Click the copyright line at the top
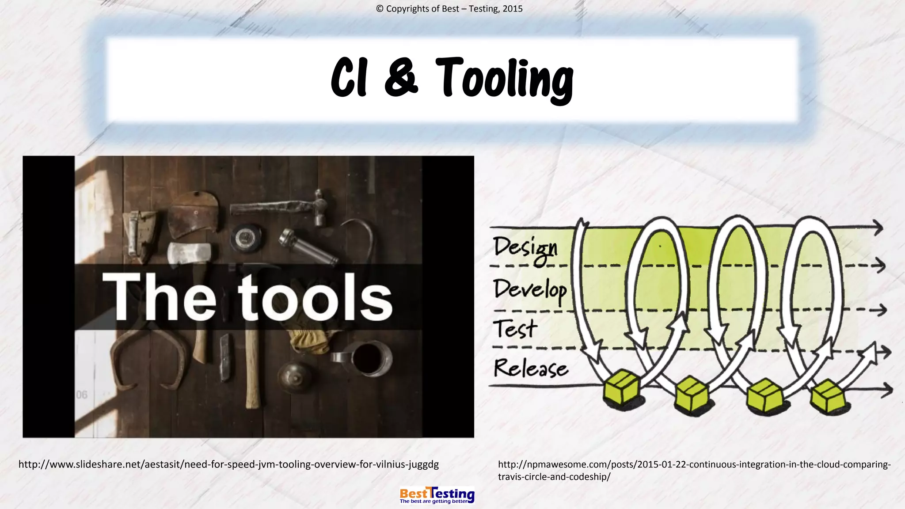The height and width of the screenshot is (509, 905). coord(449,9)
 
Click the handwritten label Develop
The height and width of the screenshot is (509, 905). coord(530,290)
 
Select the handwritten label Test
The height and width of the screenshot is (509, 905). coord(515,329)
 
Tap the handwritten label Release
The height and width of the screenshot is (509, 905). coord(530,368)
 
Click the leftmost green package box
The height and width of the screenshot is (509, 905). coord(622,388)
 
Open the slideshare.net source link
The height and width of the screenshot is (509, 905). coord(228,464)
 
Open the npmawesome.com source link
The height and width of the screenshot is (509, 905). coord(694,470)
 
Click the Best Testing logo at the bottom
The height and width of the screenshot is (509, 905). coord(437,495)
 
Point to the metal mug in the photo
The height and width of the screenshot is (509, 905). coord(367,357)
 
